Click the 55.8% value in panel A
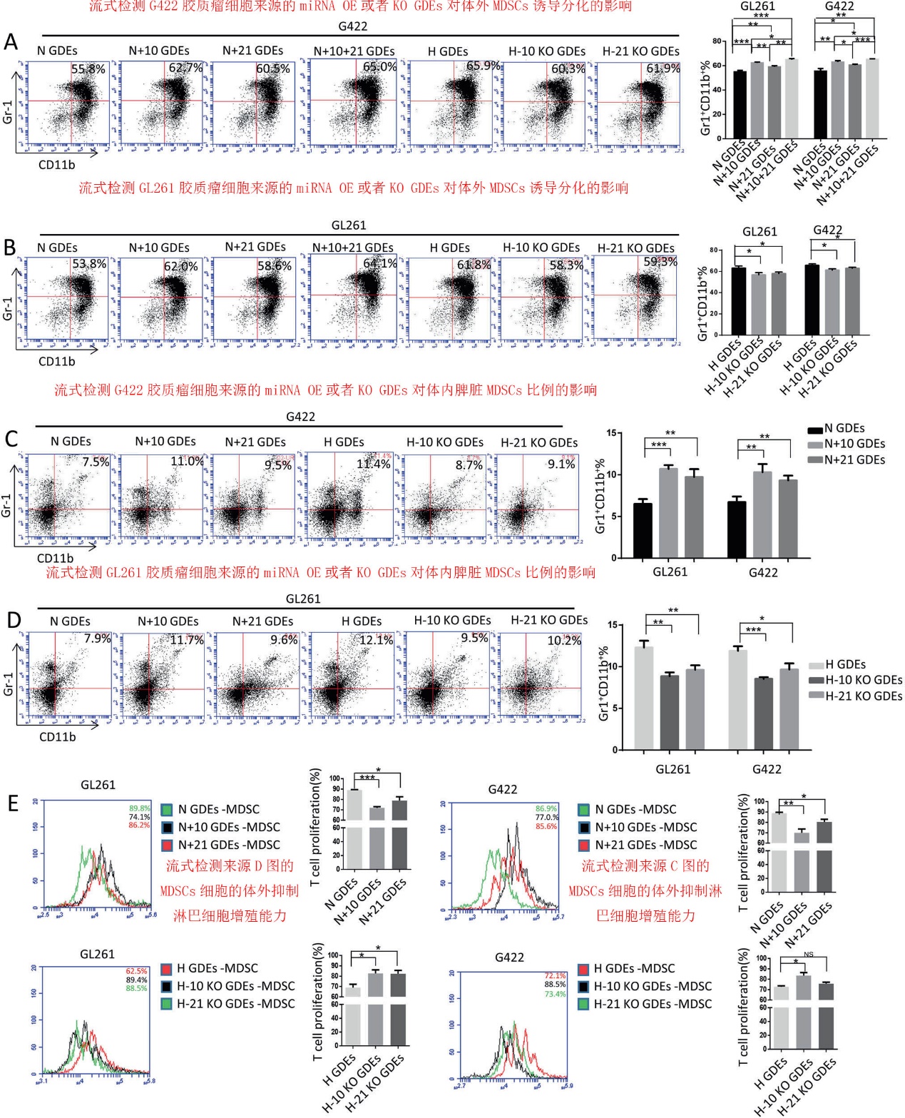click(88, 69)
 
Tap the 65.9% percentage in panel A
click(483, 66)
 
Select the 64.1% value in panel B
click(379, 263)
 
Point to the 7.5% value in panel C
click(96, 462)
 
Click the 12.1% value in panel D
click(376, 640)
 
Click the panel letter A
click(11, 42)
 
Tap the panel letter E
click(12, 803)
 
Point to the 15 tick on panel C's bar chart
click(611, 433)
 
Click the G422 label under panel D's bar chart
click(767, 769)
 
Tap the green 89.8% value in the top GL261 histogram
click(139, 808)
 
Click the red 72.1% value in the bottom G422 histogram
click(555, 975)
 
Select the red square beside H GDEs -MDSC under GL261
click(166, 968)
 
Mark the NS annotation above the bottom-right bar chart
click(808, 955)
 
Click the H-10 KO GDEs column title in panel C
click(444, 442)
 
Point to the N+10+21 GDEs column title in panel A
click(354, 51)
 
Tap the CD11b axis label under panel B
click(56, 361)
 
